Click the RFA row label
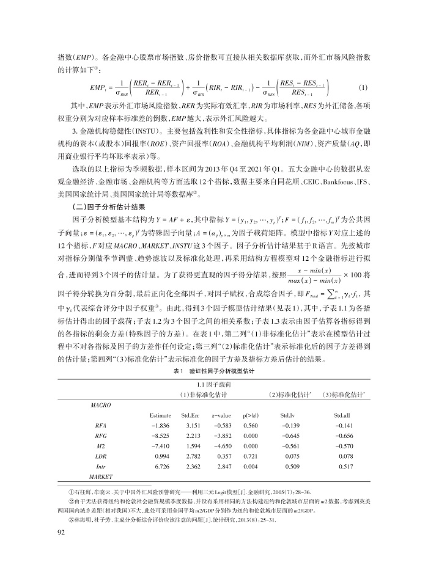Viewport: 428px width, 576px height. point(101,425)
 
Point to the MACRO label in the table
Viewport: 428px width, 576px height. point(100,404)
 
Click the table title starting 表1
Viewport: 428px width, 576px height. point(213,371)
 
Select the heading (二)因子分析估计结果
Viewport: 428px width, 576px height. point(109,208)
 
